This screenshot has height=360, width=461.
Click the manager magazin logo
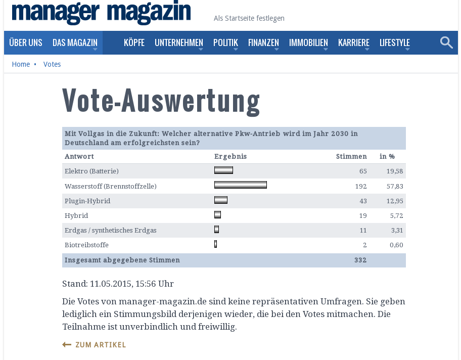click(x=101, y=13)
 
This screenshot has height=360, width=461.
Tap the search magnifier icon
click(x=446, y=42)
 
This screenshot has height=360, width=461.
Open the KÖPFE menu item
click(x=134, y=42)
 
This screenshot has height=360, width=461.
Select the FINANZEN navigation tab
click(x=263, y=42)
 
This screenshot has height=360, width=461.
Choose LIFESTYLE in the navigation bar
click(x=395, y=42)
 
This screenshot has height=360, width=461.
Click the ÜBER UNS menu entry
click(x=26, y=42)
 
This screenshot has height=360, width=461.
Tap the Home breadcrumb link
click(x=21, y=64)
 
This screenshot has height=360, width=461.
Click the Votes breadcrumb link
click(x=52, y=64)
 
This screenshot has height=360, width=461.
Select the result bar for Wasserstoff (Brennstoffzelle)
click(x=240, y=185)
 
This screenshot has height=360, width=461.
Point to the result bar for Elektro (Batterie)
click(x=223, y=170)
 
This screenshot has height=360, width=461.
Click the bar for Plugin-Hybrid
click(x=221, y=200)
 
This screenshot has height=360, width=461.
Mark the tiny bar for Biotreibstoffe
click(x=215, y=244)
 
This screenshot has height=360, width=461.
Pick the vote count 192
click(x=361, y=186)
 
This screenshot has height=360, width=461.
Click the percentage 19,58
click(x=395, y=171)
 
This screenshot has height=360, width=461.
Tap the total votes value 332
click(x=360, y=260)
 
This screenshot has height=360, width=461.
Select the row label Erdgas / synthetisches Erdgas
click(x=111, y=231)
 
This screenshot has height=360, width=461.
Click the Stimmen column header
click(x=351, y=157)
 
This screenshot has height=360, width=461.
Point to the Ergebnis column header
click(x=231, y=157)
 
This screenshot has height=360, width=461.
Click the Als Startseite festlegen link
click(x=249, y=18)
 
